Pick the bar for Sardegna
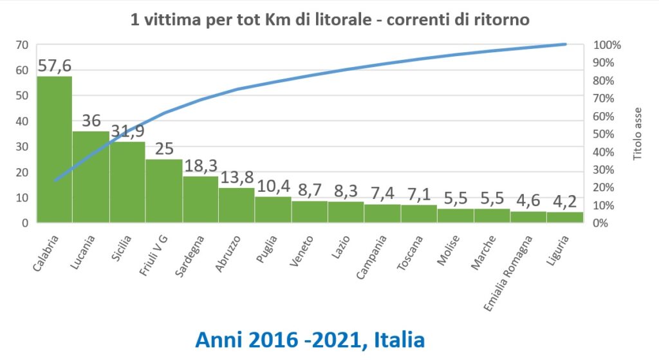[x=200, y=200]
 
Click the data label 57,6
[x=54, y=66]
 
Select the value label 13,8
[x=237, y=178]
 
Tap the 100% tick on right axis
[x=607, y=45]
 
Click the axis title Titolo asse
[x=638, y=134]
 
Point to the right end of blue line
[x=565, y=44]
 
